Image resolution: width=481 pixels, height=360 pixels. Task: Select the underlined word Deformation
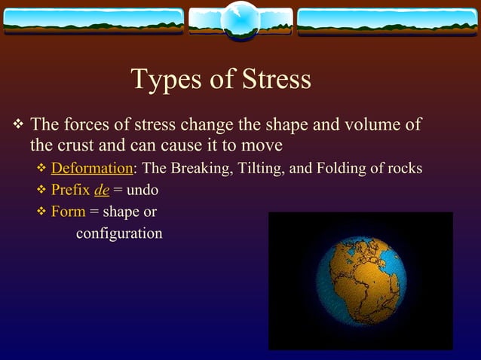click(91, 167)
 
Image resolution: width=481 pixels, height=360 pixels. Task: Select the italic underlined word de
click(101, 190)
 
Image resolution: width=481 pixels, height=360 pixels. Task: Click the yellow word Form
click(68, 212)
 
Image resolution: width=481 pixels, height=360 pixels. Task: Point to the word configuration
click(119, 233)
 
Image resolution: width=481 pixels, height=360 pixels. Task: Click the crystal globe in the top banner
click(240, 19)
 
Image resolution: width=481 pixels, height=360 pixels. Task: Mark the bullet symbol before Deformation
click(42, 167)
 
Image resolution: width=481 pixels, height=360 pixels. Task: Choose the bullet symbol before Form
click(42, 212)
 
